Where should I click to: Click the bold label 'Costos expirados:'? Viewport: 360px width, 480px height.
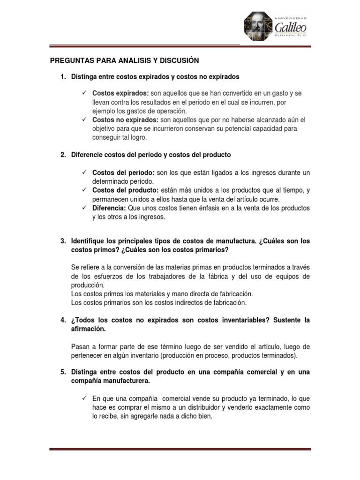coord(114,93)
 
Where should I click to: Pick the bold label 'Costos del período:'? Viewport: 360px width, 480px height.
coord(117,172)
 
